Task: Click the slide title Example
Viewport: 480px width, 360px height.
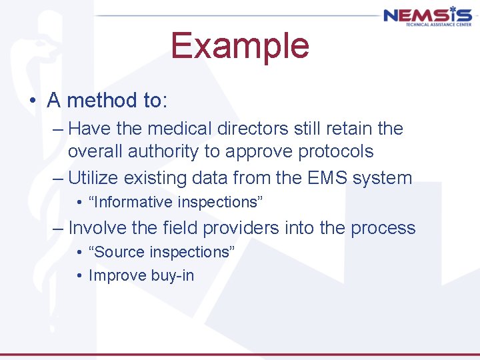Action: (x=240, y=46)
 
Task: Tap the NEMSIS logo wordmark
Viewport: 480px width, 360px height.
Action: (x=427, y=15)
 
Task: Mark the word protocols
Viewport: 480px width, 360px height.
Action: (x=335, y=151)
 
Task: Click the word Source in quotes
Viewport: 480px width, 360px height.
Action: (x=119, y=252)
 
